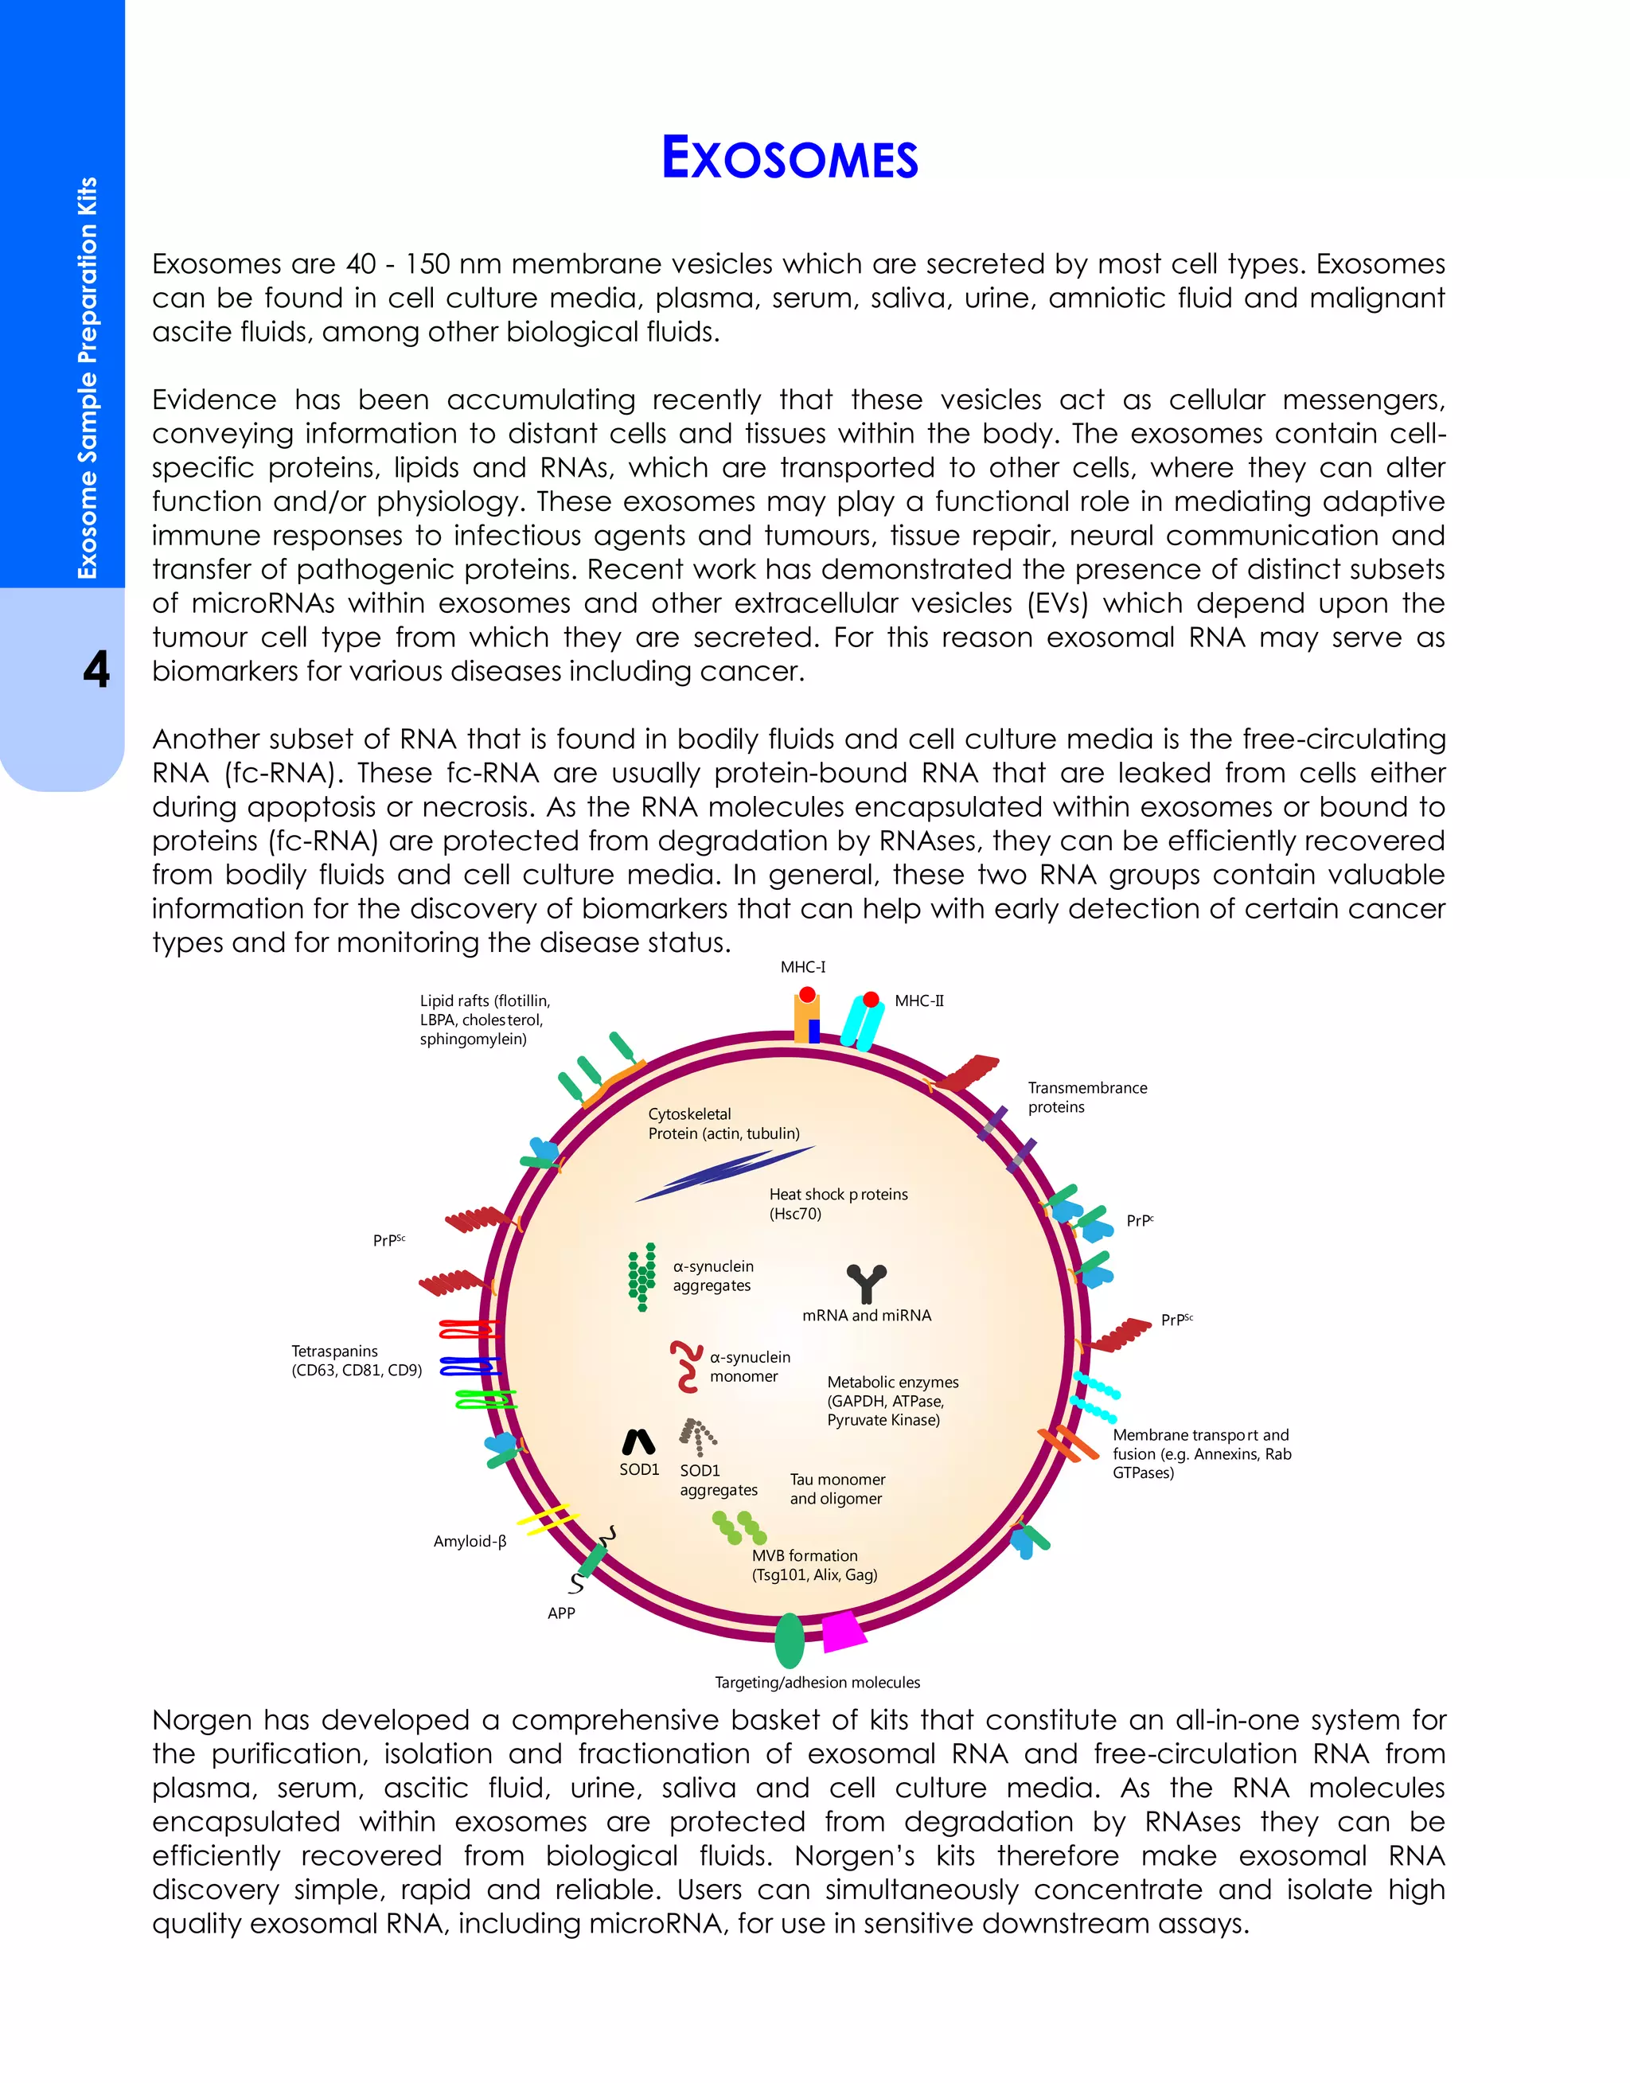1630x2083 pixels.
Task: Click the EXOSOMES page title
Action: pos(790,158)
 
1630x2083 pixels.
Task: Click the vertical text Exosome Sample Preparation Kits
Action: pos(87,378)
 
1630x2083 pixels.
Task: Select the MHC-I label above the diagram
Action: pos(802,966)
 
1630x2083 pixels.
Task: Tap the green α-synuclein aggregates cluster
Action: pos(642,1276)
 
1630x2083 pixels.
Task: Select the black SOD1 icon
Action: pos(638,1441)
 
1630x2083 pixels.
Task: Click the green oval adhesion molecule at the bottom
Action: pos(790,1640)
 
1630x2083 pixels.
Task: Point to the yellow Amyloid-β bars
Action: pos(548,1518)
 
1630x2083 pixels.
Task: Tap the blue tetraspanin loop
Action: pos(470,1367)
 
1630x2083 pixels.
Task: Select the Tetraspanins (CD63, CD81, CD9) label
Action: pos(356,1361)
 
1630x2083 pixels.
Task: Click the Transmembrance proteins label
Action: pos(1087,1098)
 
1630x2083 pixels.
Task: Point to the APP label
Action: pos(561,1613)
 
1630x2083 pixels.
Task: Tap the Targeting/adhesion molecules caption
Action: pos(817,1683)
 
